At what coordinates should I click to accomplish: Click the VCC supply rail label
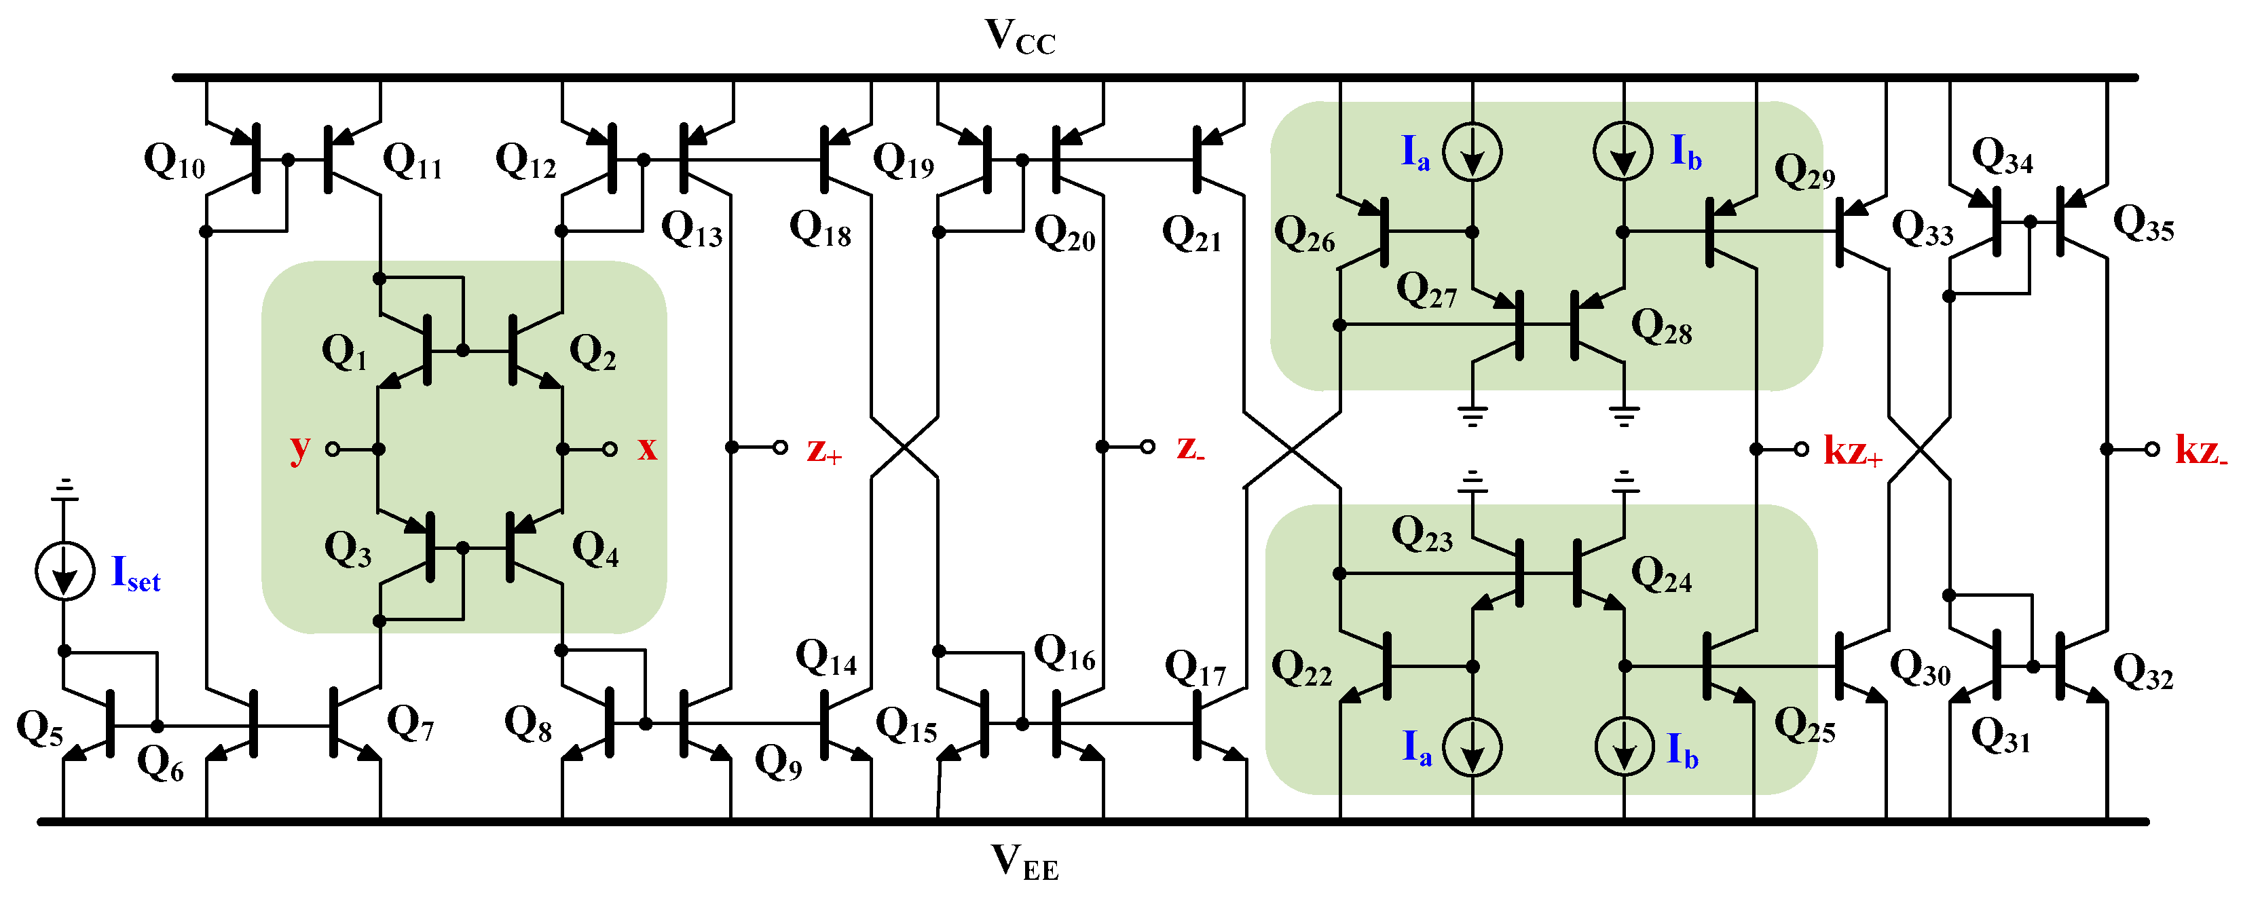[1020, 37]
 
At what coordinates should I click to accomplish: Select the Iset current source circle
[64, 571]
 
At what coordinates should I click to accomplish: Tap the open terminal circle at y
[333, 449]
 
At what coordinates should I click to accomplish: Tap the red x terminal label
[647, 447]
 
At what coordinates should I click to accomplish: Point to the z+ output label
[823, 450]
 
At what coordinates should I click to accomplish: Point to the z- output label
[1189, 448]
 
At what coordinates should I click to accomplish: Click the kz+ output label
[1852, 451]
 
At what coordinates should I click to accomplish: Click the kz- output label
[2200, 450]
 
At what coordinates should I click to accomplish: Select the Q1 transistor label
[344, 352]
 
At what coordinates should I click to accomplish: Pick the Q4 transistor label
[595, 549]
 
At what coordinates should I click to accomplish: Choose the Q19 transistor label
[903, 160]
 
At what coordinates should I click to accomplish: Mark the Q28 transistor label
[1661, 327]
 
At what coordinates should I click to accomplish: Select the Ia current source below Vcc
[1472, 152]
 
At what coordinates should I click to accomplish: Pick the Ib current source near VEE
[1624, 747]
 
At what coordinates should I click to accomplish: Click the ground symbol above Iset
[64, 490]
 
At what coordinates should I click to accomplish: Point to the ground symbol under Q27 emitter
[1472, 415]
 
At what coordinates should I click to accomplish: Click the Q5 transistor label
[39, 728]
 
